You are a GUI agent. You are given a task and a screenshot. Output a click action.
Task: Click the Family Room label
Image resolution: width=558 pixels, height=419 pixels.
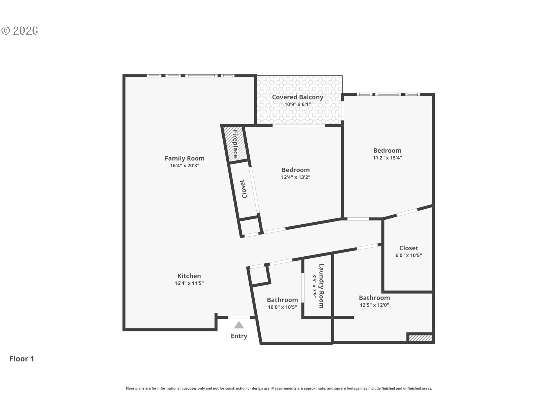click(185, 158)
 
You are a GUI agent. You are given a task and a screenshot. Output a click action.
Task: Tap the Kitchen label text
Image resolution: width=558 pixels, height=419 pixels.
click(189, 276)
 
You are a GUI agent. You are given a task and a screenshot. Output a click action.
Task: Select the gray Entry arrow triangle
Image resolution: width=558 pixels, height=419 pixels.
click(239, 325)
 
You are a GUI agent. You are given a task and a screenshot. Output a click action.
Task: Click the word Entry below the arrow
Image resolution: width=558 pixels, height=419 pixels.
click(239, 336)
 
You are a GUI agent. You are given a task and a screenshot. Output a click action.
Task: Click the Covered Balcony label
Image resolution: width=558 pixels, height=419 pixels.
click(298, 97)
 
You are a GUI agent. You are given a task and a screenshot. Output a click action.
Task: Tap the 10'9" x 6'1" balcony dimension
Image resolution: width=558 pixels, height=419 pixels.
click(298, 104)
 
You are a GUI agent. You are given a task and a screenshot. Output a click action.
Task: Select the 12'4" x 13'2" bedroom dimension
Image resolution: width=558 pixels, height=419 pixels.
click(296, 177)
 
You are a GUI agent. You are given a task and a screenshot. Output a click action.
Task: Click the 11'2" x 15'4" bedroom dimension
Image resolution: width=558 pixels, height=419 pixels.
click(387, 158)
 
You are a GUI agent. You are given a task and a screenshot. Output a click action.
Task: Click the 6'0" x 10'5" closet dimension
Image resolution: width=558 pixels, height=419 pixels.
click(409, 255)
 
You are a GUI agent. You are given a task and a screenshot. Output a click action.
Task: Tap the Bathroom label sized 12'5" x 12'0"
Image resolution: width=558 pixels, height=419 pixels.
click(374, 298)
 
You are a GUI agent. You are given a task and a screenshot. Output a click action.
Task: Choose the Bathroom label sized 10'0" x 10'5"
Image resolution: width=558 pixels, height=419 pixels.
click(282, 300)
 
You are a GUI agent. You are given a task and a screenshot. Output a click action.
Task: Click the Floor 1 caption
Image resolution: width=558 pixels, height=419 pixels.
click(22, 359)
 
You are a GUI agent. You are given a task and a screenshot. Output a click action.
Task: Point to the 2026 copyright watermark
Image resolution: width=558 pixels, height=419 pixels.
click(20, 31)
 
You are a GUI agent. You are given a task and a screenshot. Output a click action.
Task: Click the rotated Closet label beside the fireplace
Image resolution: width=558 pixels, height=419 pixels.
click(244, 189)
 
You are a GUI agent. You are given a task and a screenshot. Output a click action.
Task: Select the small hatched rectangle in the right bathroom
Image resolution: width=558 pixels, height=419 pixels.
click(421, 338)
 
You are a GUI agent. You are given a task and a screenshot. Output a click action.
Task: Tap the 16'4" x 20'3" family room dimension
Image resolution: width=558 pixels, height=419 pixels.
click(185, 166)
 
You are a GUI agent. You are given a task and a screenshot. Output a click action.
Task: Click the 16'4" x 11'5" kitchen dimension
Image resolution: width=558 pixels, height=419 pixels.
click(189, 283)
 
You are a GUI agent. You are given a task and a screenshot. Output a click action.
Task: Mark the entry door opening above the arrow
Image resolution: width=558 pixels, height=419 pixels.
click(239, 317)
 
